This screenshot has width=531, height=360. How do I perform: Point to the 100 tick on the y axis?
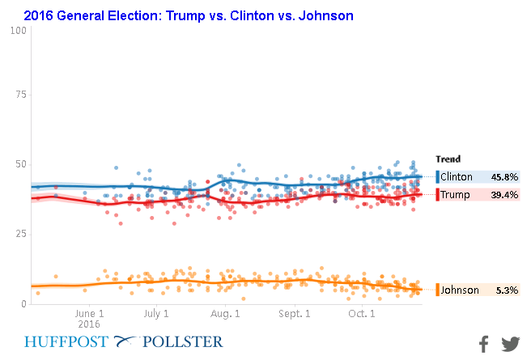click(19, 31)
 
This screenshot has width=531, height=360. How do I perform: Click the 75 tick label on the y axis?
click(22, 94)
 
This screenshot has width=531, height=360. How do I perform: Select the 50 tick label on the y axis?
click(22, 164)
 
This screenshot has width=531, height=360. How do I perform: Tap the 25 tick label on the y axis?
click(22, 234)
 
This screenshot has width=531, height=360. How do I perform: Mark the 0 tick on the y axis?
click(24, 303)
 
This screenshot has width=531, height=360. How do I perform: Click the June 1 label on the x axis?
click(89, 313)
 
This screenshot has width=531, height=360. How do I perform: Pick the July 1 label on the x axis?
click(156, 313)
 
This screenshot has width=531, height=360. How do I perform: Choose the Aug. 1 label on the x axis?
click(225, 313)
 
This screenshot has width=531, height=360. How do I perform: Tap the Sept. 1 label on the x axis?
click(295, 313)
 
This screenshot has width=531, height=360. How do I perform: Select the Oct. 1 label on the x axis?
click(362, 313)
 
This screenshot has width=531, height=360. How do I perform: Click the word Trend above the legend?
click(448, 159)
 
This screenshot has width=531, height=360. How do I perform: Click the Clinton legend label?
click(457, 176)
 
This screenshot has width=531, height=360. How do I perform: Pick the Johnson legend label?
click(459, 290)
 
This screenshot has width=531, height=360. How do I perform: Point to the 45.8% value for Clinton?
click(504, 176)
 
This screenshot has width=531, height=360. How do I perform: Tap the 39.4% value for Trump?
click(504, 194)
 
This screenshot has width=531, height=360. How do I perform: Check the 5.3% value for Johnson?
click(507, 290)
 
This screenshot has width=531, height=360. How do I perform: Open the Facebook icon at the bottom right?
click(483, 344)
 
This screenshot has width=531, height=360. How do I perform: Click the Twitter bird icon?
click(510, 344)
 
